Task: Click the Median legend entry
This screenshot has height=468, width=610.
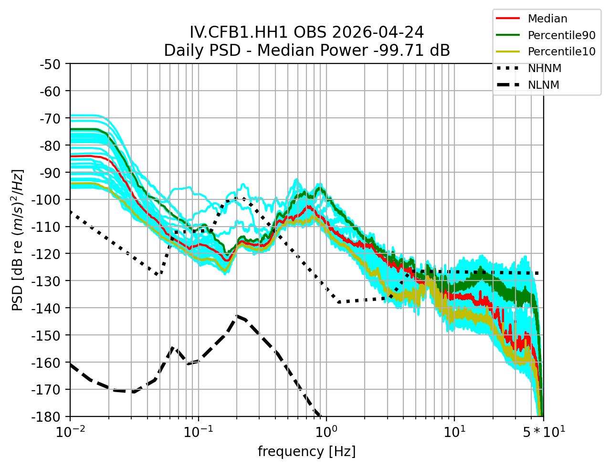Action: tap(547, 19)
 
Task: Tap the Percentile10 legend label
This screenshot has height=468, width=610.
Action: tap(561, 52)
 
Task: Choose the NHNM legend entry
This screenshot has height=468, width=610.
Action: tap(544, 68)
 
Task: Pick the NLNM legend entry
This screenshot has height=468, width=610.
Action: tap(543, 85)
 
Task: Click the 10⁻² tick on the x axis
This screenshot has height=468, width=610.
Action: tap(70, 432)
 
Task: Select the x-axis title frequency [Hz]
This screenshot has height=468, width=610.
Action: tap(306, 451)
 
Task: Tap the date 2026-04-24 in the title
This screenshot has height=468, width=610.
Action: tap(377, 32)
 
